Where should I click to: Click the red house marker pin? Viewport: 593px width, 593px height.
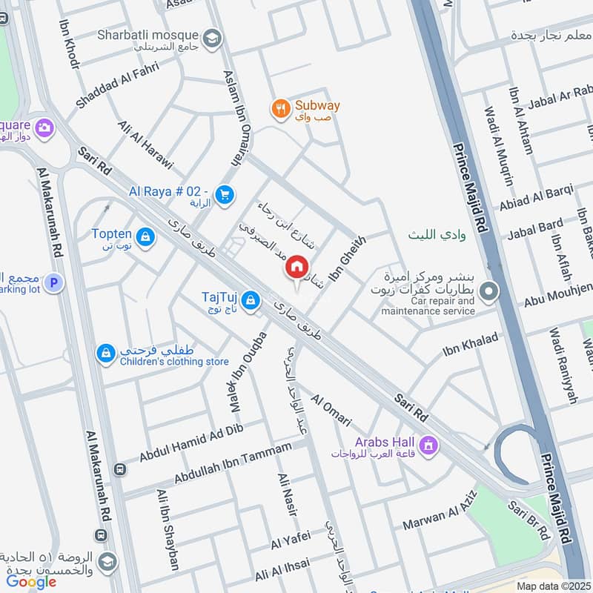[297, 266]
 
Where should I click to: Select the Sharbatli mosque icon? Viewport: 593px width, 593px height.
[213, 37]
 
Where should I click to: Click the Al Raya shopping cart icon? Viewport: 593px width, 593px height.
[225, 195]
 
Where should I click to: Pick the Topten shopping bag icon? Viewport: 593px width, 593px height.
[145, 236]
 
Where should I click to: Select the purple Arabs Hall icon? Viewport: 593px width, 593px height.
[428, 445]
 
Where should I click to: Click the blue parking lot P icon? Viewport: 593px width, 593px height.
[53, 282]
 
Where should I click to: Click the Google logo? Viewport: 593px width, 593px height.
[31, 582]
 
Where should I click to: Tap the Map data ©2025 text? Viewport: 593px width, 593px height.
[552, 586]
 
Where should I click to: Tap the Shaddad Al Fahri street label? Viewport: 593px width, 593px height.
[110, 93]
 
